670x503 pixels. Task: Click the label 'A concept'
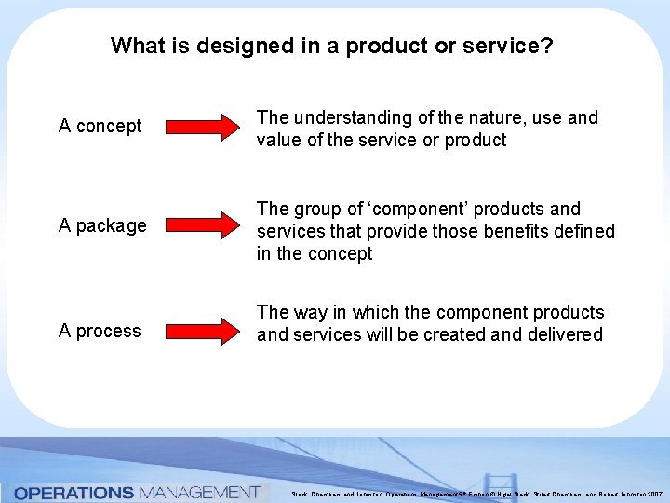click(x=100, y=126)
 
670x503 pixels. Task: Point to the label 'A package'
click(x=102, y=225)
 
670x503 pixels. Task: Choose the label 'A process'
click(x=100, y=331)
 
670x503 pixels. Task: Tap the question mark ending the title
click(x=547, y=46)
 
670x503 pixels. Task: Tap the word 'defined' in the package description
click(x=584, y=231)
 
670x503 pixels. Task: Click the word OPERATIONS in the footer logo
click(x=74, y=492)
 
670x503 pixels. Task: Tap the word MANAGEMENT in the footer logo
click(x=199, y=492)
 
